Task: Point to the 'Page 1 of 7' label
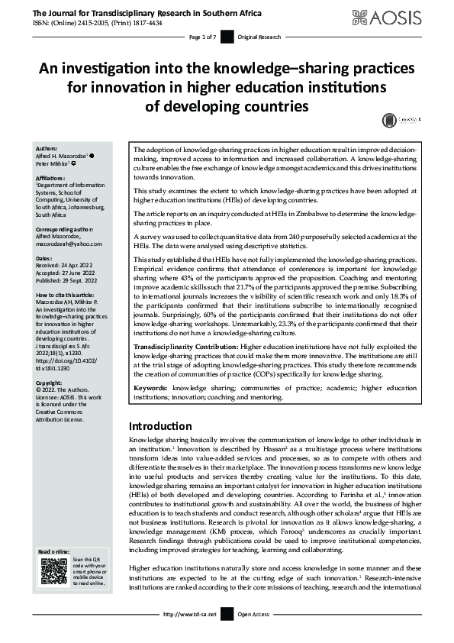coord(201,37)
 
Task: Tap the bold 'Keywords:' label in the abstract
coord(150,389)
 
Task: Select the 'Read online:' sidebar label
coord(54,551)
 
